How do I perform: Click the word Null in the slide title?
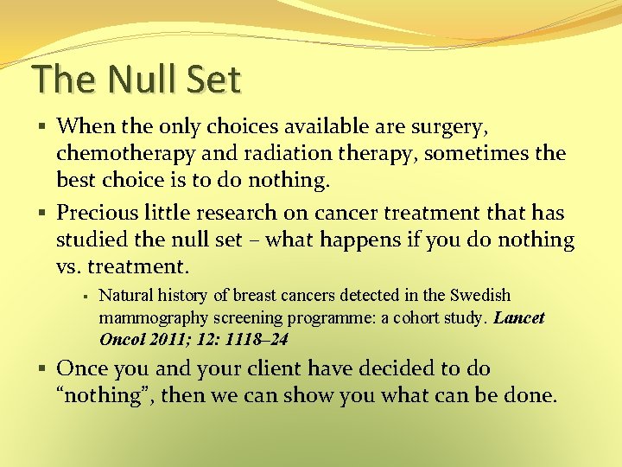[137, 79]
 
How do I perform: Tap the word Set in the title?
[213, 79]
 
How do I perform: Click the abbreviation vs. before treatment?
[70, 265]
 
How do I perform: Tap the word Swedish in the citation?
[479, 296]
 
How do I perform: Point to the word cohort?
[422, 317]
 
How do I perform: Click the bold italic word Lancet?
[519, 317]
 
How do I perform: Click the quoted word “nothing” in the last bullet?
[100, 396]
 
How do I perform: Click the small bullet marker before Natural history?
[86, 297]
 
